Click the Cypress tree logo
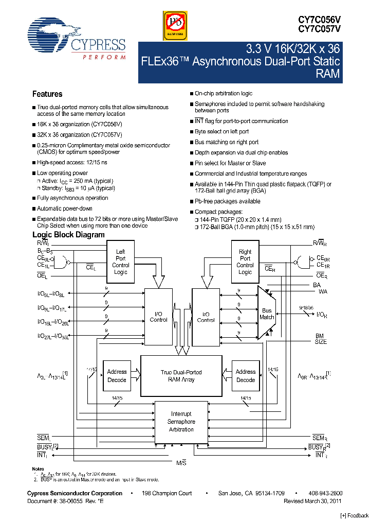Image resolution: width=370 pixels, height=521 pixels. [x=52, y=36]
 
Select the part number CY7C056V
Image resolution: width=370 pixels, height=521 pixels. [x=319, y=18]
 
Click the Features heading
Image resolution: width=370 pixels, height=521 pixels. [x=47, y=94]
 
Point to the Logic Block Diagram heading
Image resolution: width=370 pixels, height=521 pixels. [x=68, y=235]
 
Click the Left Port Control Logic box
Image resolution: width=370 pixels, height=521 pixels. [x=120, y=262]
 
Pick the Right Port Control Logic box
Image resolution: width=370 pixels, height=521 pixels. [x=245, y=262]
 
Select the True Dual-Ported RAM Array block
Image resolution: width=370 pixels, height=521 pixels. [x=181, y=375]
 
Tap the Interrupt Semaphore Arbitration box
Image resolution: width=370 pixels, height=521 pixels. [x=181, y=421]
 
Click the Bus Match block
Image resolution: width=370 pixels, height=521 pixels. [x=267, y=314]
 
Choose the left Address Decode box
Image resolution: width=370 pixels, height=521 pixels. [x=117, y=375]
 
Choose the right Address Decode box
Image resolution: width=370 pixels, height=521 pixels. [x=245, y=375]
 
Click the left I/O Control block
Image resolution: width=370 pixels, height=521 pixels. [x=158, y=317]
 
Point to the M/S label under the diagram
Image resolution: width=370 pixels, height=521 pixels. [x=181, y=463]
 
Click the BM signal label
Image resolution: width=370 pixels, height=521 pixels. [x=319, y=336]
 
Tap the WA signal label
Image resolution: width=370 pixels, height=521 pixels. [x=322, y=291]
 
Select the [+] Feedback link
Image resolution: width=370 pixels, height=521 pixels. [x=355, y=515]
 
